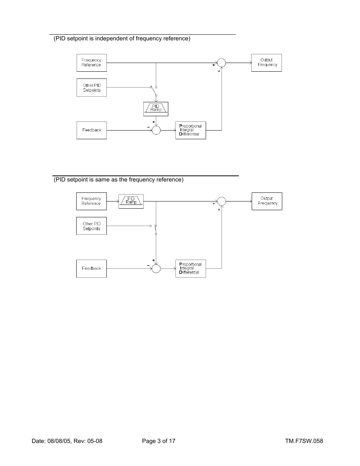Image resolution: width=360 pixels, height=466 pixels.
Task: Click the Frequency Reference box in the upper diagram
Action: point(91,63)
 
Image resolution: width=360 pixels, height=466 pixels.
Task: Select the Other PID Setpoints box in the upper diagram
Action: point(91,88)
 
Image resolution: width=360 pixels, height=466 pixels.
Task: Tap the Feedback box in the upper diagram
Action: point(91,130)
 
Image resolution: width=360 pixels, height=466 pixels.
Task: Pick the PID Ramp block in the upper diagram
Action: point(156,109)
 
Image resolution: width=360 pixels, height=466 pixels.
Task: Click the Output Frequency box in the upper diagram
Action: point(266,63)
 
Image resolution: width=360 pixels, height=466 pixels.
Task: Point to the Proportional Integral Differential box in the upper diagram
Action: point(191,130)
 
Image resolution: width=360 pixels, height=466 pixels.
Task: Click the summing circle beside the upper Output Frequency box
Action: point(222,63)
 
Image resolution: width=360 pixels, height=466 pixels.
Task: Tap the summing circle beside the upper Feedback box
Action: point(156,130)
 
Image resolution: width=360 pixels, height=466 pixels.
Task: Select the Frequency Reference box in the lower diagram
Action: point(91,201)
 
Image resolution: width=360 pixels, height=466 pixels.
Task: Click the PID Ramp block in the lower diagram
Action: point(131,201)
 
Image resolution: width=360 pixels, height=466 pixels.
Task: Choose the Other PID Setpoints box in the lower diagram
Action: point(91,226)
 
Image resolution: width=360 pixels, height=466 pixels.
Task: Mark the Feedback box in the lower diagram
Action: point(91,269)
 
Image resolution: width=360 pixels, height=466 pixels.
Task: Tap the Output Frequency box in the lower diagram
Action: point(267,201)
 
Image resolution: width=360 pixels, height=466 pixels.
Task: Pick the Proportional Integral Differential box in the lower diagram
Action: point(191,269)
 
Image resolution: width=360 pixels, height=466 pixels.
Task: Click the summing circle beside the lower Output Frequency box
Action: point(222,201)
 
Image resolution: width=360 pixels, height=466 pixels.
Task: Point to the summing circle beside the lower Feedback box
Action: point(156,269)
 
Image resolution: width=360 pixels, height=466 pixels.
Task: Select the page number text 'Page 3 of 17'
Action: point(158,441)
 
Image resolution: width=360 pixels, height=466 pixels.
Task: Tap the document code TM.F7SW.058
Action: point(304,441)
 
